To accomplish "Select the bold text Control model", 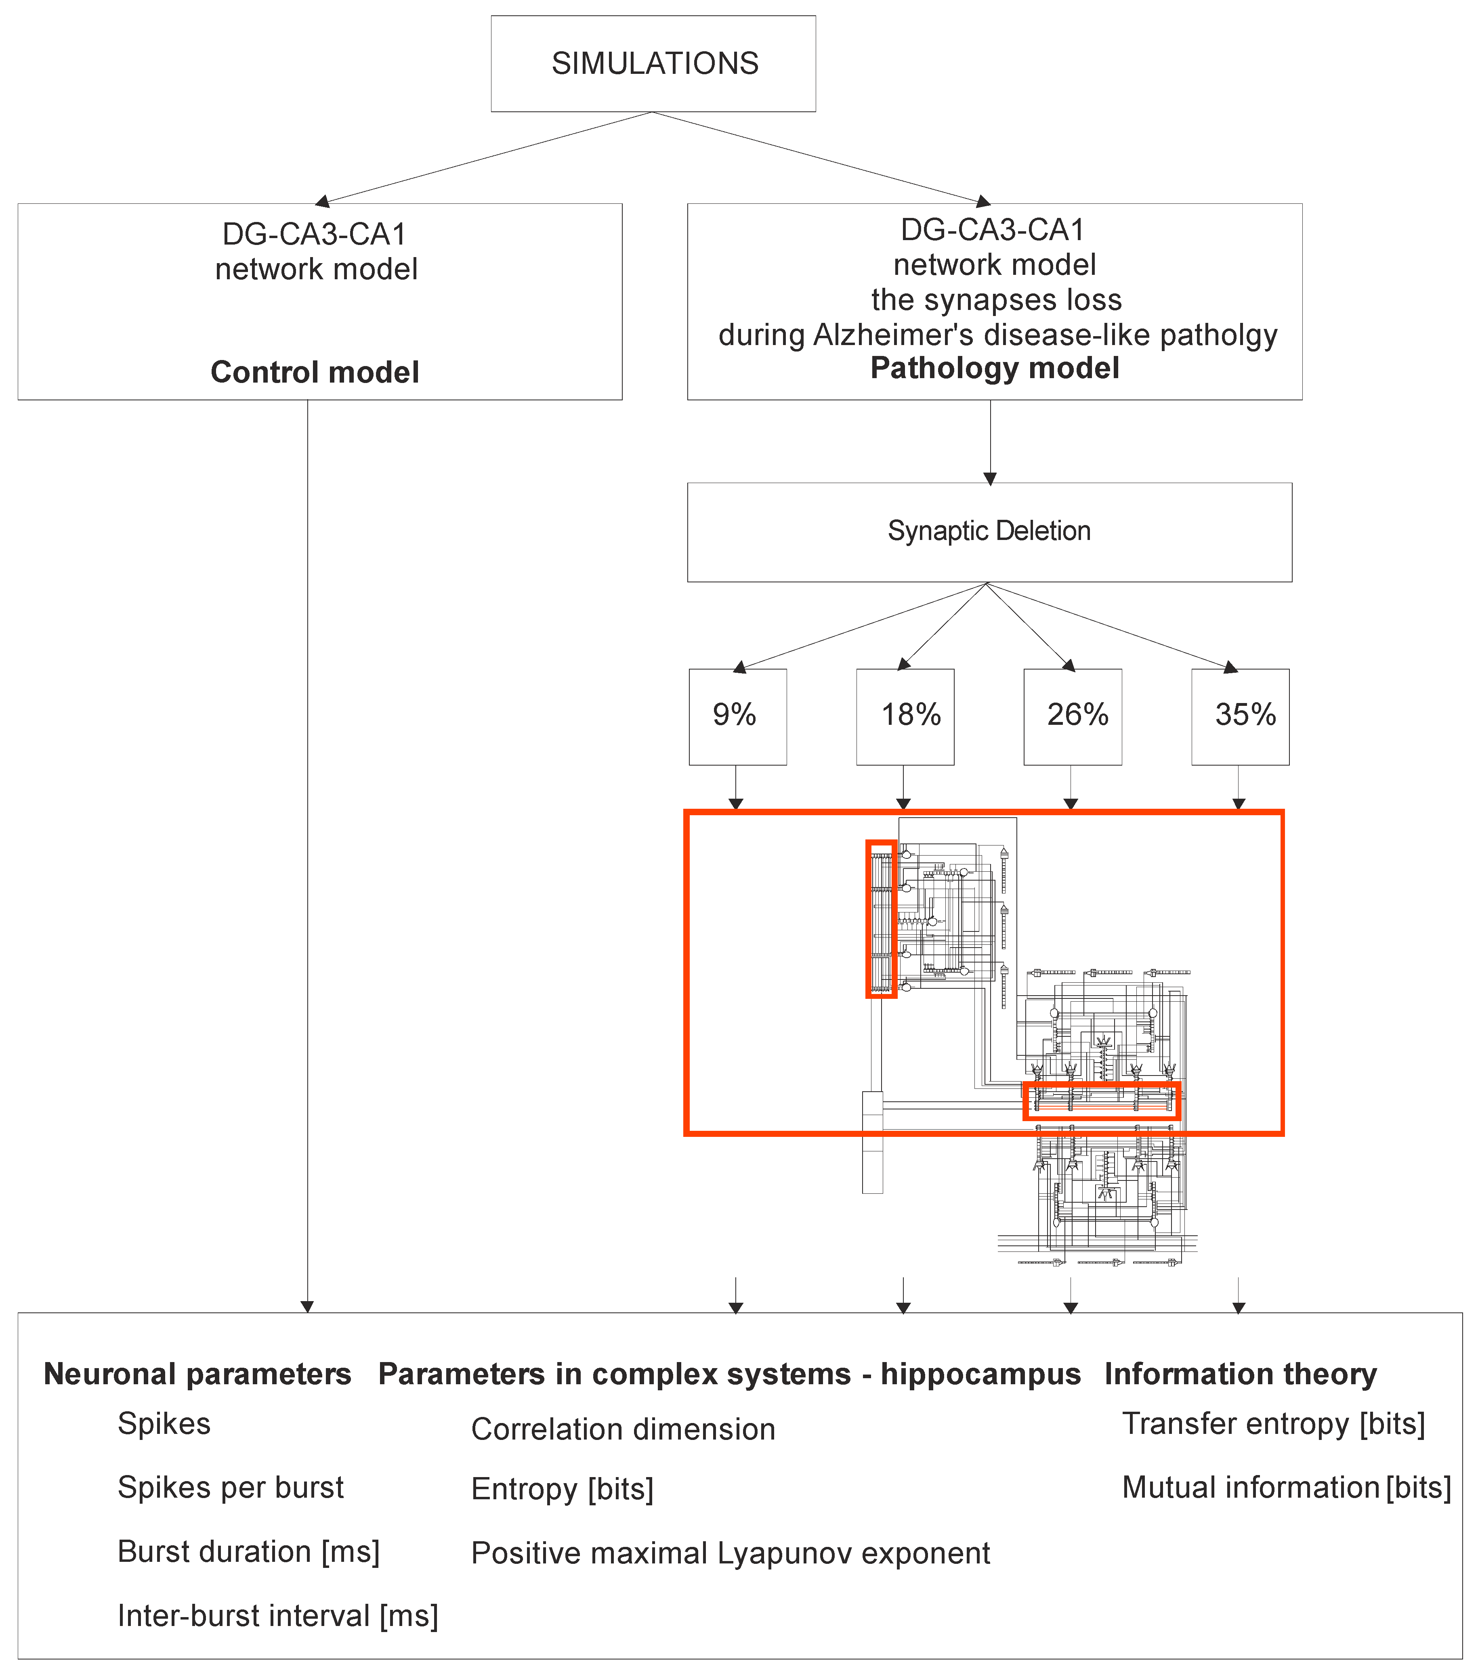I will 315,372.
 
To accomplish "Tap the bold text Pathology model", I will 994,368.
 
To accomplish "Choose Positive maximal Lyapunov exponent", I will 730,1553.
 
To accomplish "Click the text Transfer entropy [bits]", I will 1273,1424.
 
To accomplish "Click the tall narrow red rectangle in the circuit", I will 881,919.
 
